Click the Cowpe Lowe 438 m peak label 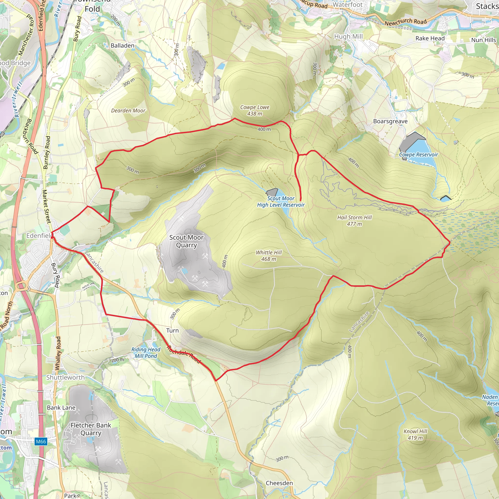pos(255,110)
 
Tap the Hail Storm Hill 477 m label pos(354,221)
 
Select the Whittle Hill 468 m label pos(269,256)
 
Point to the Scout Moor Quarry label pos(186,241)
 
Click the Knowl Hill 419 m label pos(415,434)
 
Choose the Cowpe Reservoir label pos(418,154)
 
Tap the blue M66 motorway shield pos(41,441)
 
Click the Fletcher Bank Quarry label pos(91,429)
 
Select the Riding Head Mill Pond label pos(146,353)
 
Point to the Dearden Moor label pos(128,111)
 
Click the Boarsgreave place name pos(390,121)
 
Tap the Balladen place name pos(122,46)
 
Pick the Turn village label pos(172,330)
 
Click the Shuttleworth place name pos(65,377)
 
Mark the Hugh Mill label pos(348,36)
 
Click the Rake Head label pos(430,38)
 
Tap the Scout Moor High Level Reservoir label pos(281,202)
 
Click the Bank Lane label pos(61,408)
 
